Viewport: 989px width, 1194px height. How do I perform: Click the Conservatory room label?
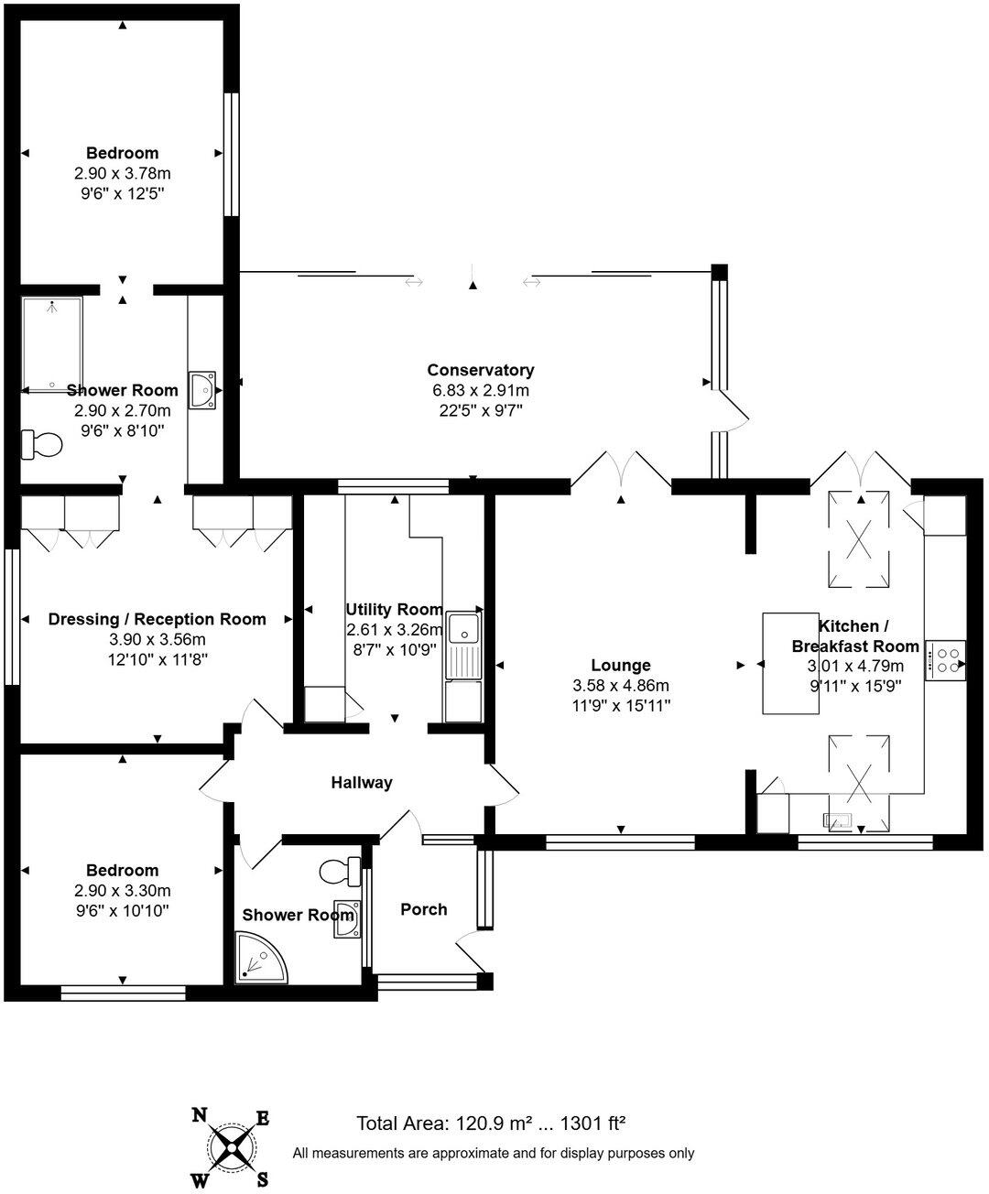point(480,370)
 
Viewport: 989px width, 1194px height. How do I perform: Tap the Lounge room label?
point(621,666)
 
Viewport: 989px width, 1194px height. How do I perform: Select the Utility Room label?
point(394,610)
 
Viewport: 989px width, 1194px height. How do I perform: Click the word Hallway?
point(362,782)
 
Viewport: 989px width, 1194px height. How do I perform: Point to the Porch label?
point(424,909)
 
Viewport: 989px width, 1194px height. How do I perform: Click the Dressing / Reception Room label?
point(157,619)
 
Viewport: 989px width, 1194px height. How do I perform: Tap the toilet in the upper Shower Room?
point(42,445)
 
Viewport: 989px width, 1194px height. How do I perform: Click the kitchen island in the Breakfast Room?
point(790,663)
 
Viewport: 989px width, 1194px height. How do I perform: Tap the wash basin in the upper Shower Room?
point(201,388)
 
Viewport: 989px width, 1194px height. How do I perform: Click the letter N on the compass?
point(199,1114)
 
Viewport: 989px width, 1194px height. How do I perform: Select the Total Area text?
point(491,1123)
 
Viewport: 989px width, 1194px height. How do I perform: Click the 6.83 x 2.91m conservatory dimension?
point(480,390)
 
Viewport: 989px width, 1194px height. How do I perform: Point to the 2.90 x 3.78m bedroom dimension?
point(123,173)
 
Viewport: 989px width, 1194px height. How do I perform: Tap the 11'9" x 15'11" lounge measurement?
point(621,706)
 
